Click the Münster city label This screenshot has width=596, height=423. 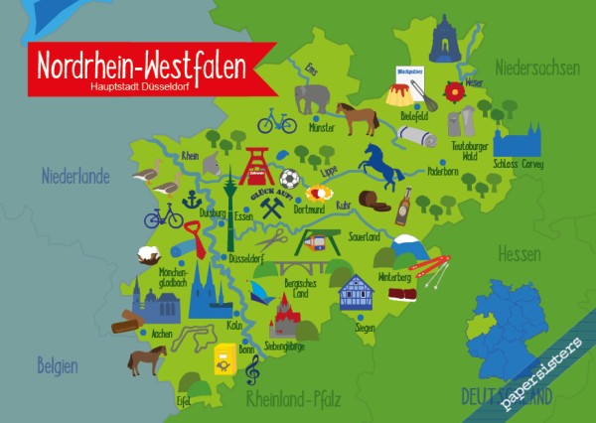(323, 128)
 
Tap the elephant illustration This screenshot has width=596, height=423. (312, 97)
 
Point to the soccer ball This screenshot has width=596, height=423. (289, 179)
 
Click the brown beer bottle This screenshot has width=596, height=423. (404, 206)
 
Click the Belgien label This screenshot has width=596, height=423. (59, 364)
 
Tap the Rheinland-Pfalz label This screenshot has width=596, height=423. (293, 400)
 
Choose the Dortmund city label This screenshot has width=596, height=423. (310, 210)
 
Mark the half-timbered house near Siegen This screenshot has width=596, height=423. (355, 292)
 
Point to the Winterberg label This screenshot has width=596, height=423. (394, 277)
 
